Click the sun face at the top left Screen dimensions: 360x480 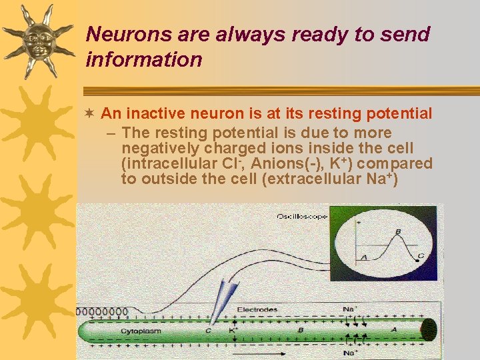(37, 39)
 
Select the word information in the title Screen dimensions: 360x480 (143, 60)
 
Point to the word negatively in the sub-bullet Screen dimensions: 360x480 (158, 147)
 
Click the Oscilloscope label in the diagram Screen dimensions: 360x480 (301, 217)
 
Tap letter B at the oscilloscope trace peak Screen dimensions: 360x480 (398, 233)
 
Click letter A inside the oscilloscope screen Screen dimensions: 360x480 (363, 257)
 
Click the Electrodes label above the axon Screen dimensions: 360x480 (257, 310)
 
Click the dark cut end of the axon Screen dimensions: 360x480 (429, 329)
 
